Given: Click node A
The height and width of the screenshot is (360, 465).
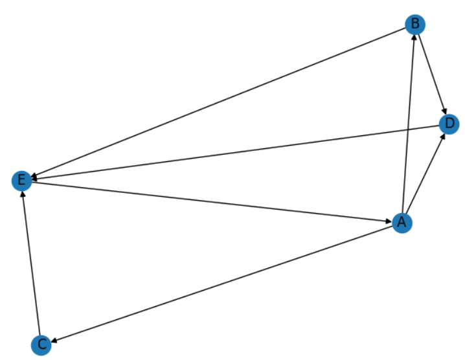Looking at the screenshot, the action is point(402,223).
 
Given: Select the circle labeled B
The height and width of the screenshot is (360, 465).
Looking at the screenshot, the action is point(414,25).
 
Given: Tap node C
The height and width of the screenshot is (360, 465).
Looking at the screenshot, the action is point(41,344).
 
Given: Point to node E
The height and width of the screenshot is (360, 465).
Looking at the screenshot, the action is point(22,180).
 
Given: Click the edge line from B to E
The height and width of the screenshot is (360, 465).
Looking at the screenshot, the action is point(218,102).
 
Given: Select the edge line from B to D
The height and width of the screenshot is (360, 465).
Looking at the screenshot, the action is point(431,74).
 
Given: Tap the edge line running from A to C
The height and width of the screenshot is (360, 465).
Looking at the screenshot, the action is point(221,284).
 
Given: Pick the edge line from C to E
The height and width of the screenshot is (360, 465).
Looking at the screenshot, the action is point(31,262).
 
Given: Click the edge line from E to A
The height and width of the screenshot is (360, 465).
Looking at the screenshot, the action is point(212,201).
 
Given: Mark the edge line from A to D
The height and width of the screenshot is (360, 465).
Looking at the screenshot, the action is point(425,173).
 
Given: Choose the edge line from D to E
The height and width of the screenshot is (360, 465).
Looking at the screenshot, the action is point(235,152).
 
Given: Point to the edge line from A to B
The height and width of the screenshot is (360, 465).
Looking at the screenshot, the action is point(408,124).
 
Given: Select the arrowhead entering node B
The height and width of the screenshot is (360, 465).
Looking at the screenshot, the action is point(413,38).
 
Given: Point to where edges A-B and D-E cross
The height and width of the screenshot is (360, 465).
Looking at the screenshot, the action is point(407,129).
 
